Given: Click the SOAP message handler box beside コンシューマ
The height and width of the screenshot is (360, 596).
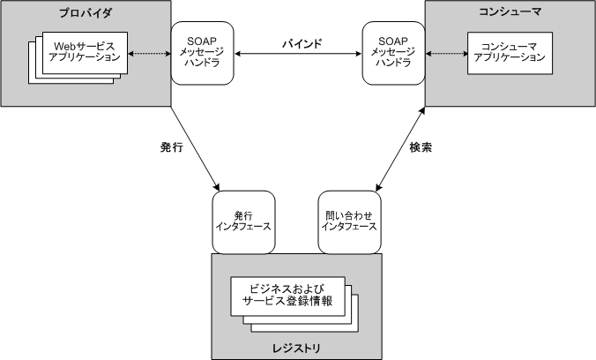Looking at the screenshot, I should coord(392,54).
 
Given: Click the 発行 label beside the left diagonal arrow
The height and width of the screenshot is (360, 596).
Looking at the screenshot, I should coord(171,147).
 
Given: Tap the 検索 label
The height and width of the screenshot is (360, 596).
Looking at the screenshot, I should coord(421,147).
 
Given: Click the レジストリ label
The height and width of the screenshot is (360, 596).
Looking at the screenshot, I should coord(296,349).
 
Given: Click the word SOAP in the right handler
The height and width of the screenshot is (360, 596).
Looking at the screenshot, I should coord(392,41).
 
